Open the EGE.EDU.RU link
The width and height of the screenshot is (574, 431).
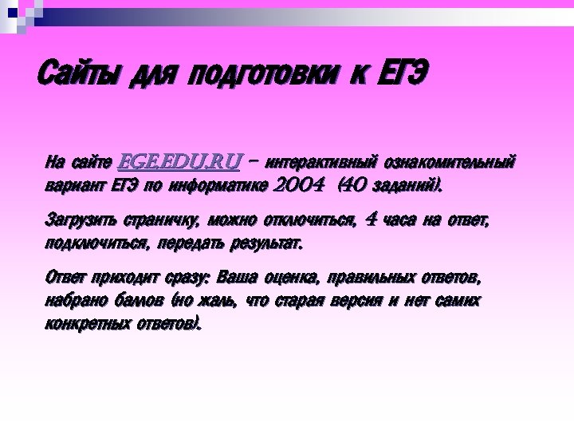(x=179, y=163)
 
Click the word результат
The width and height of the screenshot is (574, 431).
(x=268, y=243)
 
